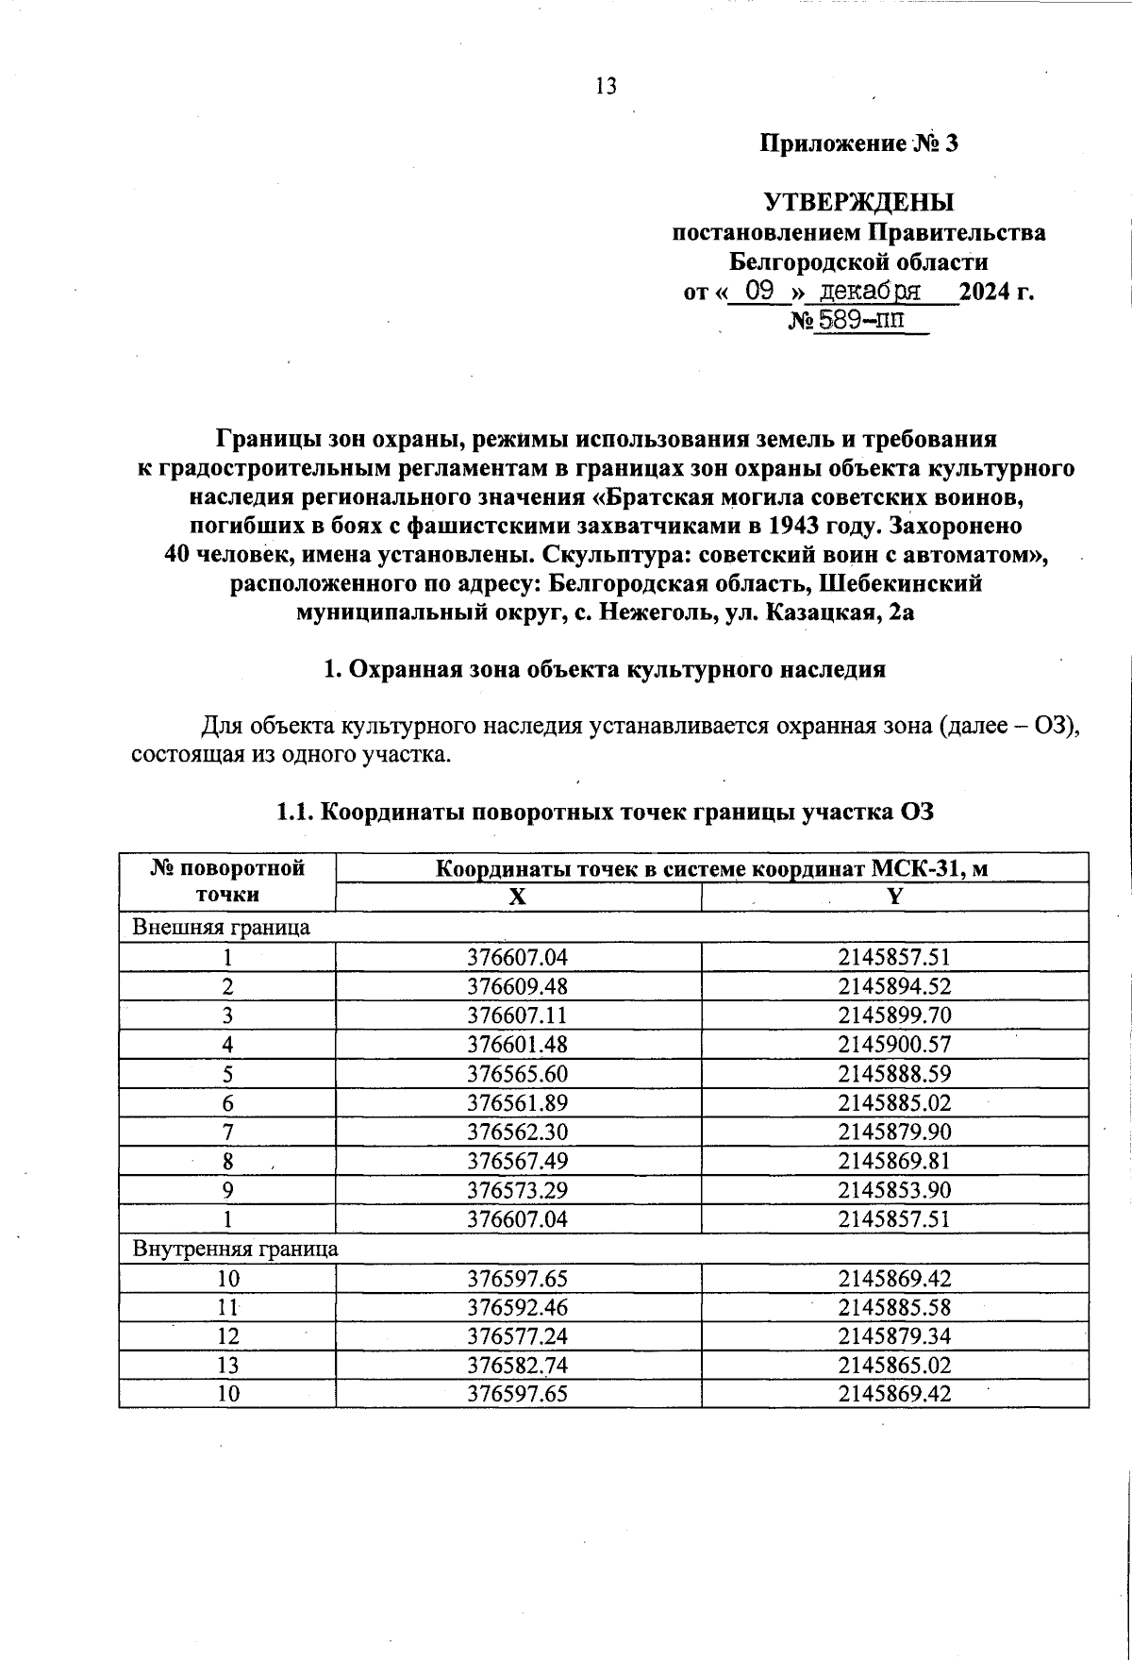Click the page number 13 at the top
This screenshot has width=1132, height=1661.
point(606,87)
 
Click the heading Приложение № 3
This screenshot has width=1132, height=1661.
point(858,143)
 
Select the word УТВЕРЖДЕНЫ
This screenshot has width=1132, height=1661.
point(858,203)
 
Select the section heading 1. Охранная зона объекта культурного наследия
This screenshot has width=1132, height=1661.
point(605,669)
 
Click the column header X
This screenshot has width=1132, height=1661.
point(518,898)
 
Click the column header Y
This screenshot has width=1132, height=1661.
point(894,898)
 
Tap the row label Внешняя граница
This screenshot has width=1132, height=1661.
point(221,927)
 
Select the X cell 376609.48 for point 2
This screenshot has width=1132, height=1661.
point(518,986)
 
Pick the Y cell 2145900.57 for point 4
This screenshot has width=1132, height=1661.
point(894,1045)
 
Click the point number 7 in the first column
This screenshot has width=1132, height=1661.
point(227,1132)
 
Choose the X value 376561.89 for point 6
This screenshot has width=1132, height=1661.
point(518,1102)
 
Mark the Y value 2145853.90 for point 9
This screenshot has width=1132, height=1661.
point(894,1190)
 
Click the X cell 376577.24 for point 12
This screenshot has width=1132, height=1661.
point(518,1336)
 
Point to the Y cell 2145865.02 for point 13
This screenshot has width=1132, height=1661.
point(894,1366)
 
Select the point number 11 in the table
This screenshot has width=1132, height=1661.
point(227,1307)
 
